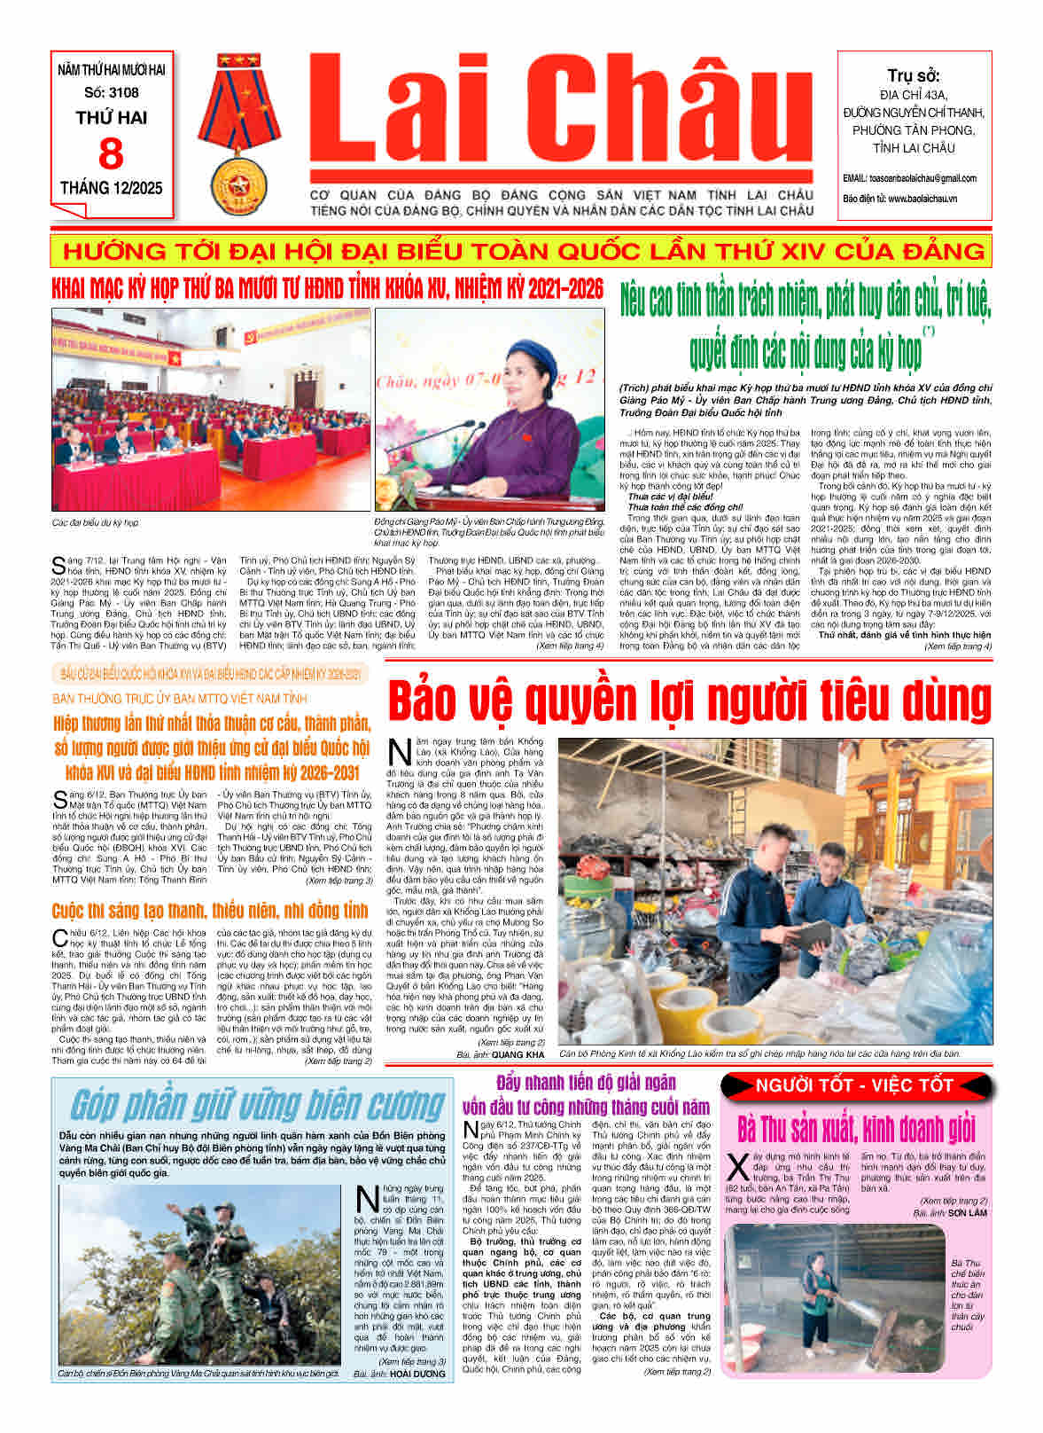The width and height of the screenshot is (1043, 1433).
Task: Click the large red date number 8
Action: coord(111,153)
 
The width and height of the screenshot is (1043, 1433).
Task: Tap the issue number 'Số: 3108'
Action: coord(112,92)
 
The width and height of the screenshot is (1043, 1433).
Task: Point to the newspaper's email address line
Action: coord(910,178)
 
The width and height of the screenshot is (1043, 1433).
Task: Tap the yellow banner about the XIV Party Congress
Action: coord(521,251)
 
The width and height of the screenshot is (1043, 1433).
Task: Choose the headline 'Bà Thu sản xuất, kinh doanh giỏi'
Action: coord(856,1129)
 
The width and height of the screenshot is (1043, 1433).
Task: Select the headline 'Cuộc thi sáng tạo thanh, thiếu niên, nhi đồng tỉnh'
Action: coord(210,911)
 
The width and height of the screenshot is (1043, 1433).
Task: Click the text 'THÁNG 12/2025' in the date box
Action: coord(112,188)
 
